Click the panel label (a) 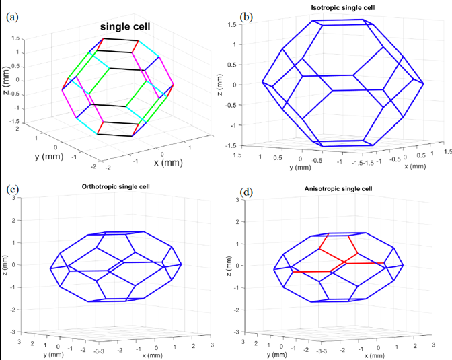tap(12, 17)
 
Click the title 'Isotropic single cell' tap(338, 7)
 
